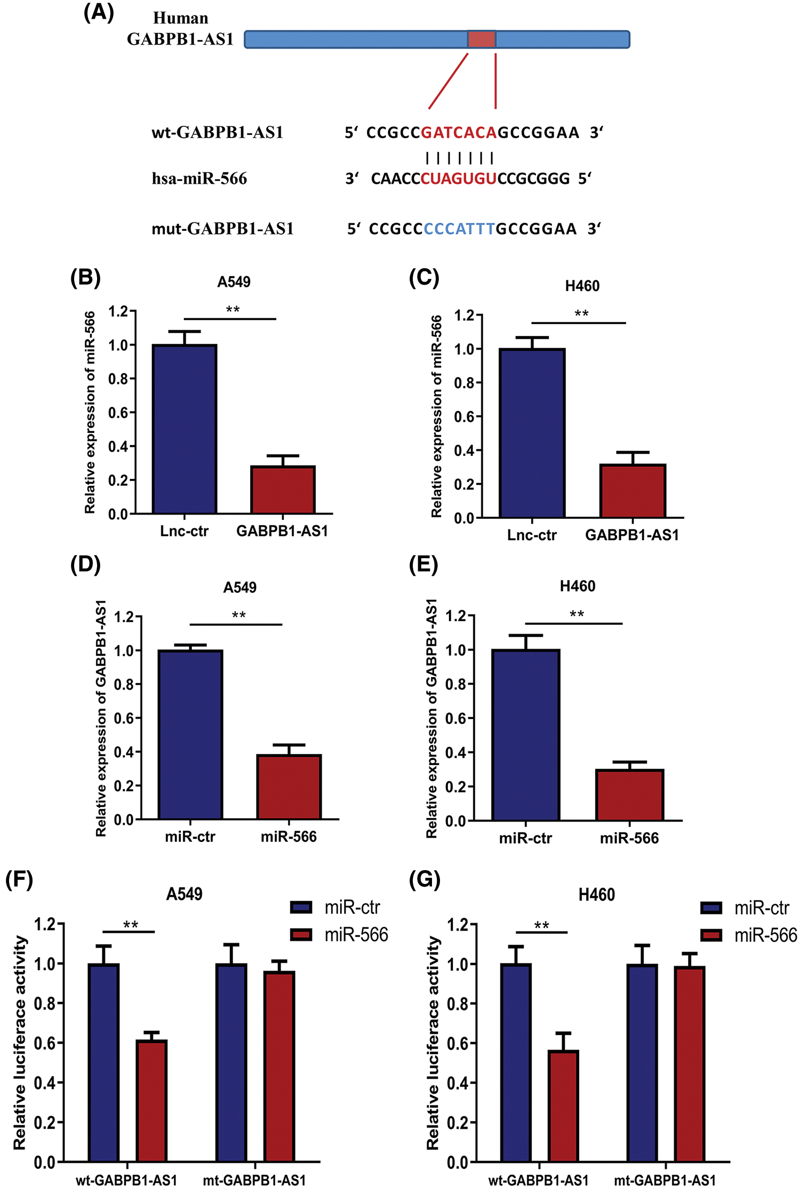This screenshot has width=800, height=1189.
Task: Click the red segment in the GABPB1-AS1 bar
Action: pos(482,39)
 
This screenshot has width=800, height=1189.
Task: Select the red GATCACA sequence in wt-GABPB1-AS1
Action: pos(459,132)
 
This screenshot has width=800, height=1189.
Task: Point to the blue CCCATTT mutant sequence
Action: pos(459,229)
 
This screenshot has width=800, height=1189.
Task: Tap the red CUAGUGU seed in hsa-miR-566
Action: pos(459,179)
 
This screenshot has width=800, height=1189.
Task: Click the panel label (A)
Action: pos(99,12)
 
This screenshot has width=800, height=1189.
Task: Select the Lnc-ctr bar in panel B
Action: pos(185,429)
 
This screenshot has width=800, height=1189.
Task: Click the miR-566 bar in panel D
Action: pos(289,787)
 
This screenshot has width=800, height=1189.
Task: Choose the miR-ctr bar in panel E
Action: pos(526,735)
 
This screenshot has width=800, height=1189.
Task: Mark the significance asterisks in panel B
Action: pos(233,310)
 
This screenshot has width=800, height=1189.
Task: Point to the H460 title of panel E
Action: pos(577,587)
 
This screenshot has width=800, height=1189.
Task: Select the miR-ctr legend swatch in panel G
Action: pos(711,907)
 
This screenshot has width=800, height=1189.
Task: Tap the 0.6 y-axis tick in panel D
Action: pos(124,718)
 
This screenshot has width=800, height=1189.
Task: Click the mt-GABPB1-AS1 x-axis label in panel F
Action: pos(254,1180)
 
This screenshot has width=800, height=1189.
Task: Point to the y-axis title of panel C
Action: pos(436,416)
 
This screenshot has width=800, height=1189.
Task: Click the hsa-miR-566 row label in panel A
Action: pos(199,179)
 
